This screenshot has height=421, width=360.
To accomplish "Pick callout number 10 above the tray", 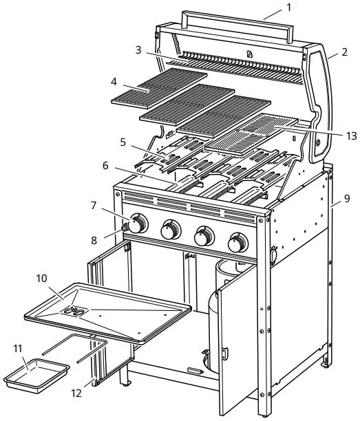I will coord(41,279).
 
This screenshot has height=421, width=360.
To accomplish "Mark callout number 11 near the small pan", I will coord(18,348).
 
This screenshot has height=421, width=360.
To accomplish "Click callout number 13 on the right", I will coord(332,136).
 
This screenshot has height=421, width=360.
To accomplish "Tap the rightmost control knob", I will coord(238,242).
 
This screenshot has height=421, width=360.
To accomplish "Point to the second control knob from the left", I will coord(170,231).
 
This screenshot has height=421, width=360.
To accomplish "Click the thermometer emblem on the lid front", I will coord(248,54).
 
